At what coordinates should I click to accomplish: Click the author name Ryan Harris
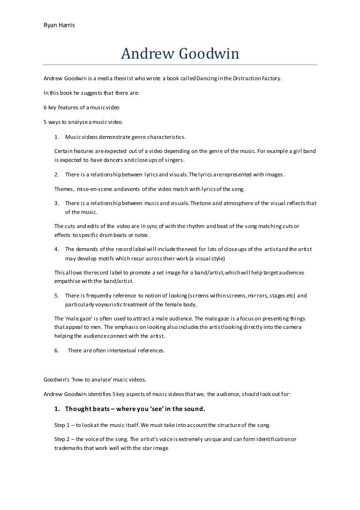(x=59, y=25)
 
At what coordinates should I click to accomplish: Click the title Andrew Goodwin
(x=180, y=54)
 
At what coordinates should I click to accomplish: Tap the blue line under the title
(x=180, y=64)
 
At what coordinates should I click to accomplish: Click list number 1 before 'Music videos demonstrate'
(x=56, y=137)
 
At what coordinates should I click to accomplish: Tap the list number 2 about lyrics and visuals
(x=56, y=175)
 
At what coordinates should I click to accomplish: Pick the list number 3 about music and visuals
(x=56, y=203)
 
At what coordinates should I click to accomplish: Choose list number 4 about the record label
(x=56, y=249)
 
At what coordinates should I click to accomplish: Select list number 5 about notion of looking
(x=56, y=296)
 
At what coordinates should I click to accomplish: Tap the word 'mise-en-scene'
(x=95, y=189)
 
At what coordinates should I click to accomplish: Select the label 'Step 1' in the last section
(x=63, y=425)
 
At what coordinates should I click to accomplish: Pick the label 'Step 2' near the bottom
(x=63, y=439)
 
